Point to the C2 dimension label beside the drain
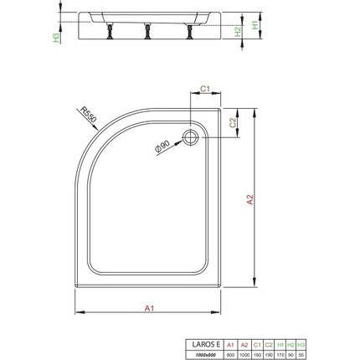pos(234,124)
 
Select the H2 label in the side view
pos(237,31)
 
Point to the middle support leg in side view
pos(147,32)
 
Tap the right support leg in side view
pos(191,32)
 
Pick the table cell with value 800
pos(232,354)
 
